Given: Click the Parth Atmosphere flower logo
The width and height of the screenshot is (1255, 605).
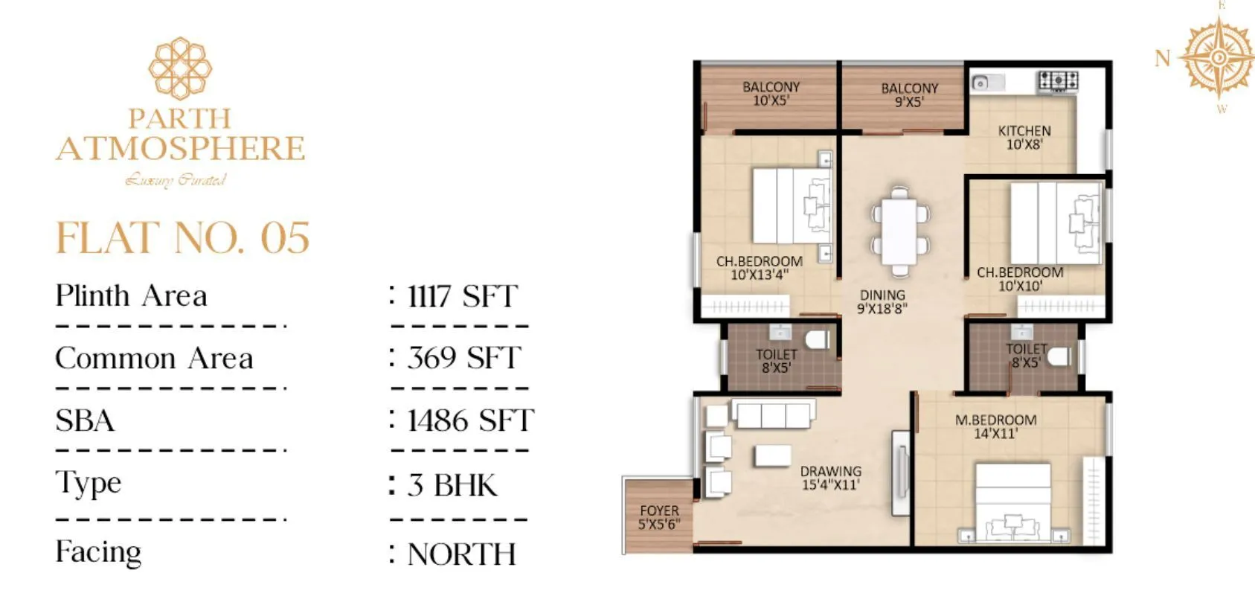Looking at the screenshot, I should tap(180, 68).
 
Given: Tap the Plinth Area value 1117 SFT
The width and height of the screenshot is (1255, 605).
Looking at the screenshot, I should tap(461, 296).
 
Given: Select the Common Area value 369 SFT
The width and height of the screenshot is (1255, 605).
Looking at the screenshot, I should tap(463, 358).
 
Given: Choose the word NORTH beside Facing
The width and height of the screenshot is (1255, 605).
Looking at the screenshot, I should tap(461, 554).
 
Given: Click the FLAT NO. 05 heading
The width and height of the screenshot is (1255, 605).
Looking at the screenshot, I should tap(182, 238).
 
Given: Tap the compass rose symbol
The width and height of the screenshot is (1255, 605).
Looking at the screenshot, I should tap(1218, 58).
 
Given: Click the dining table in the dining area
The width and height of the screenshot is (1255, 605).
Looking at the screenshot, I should tap(900, 231).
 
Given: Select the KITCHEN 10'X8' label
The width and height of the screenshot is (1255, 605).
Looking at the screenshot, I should tap(1024, 138).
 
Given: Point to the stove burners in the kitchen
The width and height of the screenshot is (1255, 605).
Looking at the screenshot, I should tap(1058, 80).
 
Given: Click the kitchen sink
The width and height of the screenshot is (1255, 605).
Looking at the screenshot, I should tap(981, 83).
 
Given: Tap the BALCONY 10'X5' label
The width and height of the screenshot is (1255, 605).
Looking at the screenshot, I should tap(771, 94).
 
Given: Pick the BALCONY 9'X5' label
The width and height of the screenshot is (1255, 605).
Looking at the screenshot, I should tap(909, 95).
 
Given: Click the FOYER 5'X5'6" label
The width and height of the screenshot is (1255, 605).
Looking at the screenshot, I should tap(659, 517).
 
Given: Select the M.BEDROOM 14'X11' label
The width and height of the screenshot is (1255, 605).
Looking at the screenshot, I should tap(995, 426).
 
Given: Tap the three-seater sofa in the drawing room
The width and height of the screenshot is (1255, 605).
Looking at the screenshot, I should tap(773, 413).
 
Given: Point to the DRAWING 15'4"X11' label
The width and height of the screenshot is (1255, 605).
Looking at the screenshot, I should tap(830, 478).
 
